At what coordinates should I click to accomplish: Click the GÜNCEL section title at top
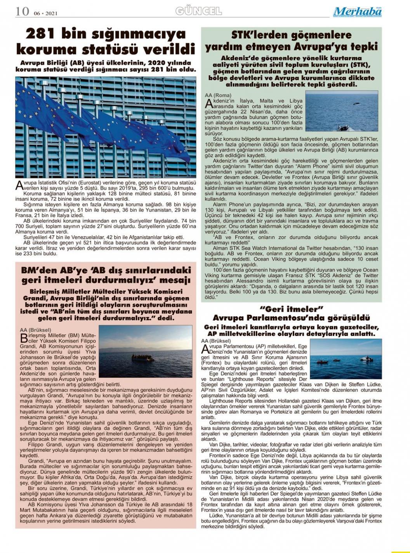[198, 11]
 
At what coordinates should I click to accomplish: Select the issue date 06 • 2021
[45, 13]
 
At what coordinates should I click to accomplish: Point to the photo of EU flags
[106, 127]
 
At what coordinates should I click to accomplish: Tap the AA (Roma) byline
[218, 95]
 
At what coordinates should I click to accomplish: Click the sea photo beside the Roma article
[342, 111]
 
